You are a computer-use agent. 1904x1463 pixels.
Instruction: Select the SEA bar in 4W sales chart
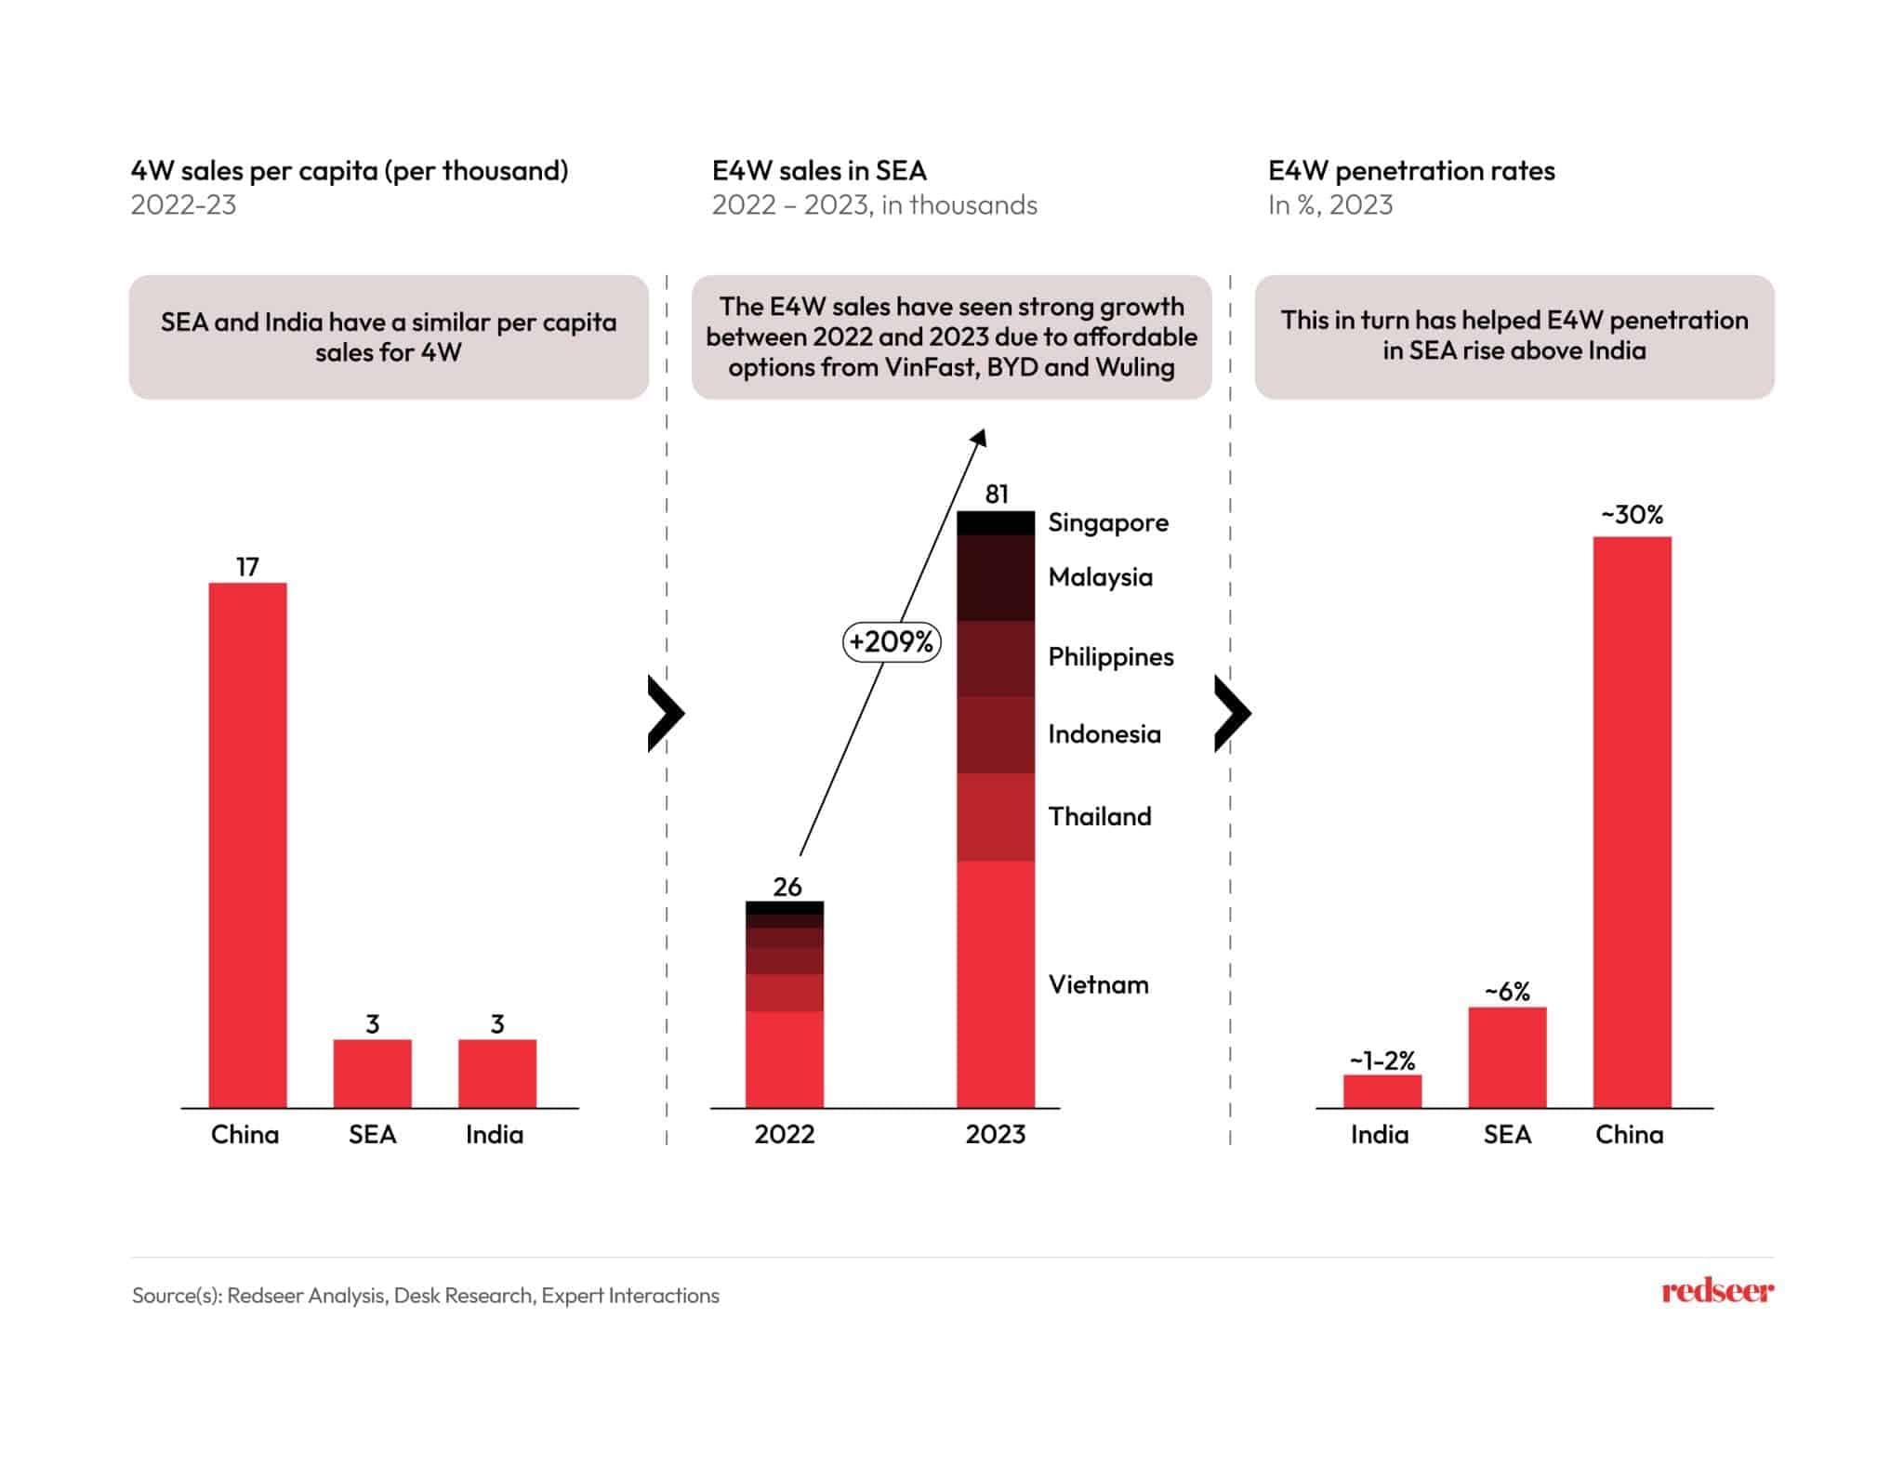click(372, 1073)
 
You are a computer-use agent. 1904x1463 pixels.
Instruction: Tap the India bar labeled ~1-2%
click(1382, 1090)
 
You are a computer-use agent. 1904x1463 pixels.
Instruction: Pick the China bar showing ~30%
click(1632, 822)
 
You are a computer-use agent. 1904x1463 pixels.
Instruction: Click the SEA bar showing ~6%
click(1507, 1057)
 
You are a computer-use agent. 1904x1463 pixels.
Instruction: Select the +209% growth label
click(892, 641)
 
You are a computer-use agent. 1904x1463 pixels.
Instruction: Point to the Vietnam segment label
click(1098, 984)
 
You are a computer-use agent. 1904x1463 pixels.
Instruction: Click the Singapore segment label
click(1108, 522)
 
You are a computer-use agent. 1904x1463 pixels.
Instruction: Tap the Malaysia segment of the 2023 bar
click(996, 577)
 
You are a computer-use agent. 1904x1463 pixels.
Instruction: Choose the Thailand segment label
click(1100, 816)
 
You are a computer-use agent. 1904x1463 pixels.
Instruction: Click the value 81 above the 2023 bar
click(997, 494)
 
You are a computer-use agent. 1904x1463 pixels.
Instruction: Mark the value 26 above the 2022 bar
click(787, 887)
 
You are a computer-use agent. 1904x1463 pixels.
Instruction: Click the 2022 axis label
click(785, 1134)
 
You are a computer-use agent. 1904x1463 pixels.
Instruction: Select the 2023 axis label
click(996, 1134)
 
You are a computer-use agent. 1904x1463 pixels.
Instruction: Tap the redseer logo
click(1717, 1291)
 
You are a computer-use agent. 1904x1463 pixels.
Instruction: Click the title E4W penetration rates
click(1411, 171)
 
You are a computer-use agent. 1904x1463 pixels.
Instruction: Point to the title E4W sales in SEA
click(819, 171)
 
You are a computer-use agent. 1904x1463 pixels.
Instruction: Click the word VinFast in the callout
click(931, 367)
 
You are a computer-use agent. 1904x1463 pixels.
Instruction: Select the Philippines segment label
click(1111, 657)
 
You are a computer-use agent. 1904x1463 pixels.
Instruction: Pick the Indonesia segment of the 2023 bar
click(996, 734)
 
